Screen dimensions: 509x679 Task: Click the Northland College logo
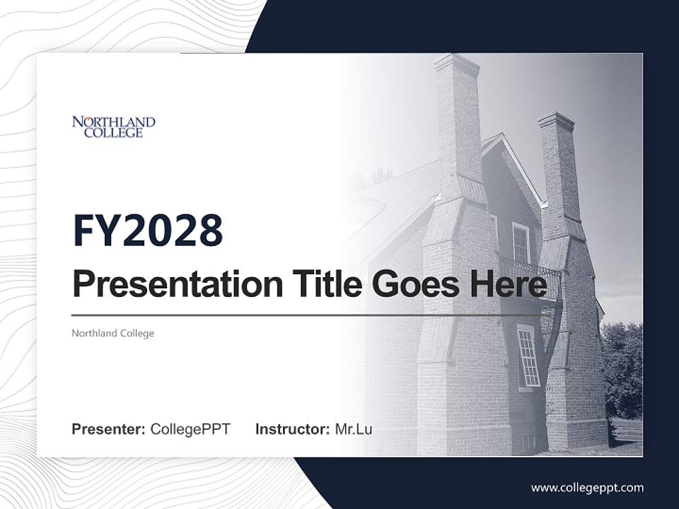pyautogui.click(x=113, y=127)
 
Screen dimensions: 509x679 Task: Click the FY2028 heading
pyautogui.click(x=148, y=230)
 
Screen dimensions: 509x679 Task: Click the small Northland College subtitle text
pyautogui.click(x=112, y=333)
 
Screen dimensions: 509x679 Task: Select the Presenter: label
pyautogui.click(x=108, y=429)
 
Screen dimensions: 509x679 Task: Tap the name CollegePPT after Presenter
pyautogui.click(x=190, y=429)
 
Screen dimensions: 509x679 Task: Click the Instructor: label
pyautogui.click(x=292, y=429)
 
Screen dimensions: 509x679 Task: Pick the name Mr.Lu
pyautogui.click(x=354, y=429)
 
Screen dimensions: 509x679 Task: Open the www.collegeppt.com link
pyautogui.click(x=587, y=487)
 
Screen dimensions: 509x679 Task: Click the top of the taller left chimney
pyautogui.click(x=457, y=62)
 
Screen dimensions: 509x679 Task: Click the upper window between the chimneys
pyautogui.click(x=521, y=242)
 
